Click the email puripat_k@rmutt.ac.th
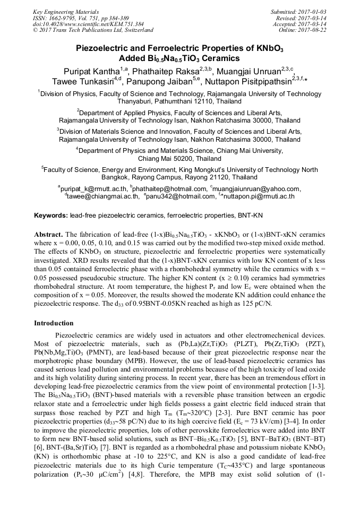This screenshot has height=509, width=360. coord(93,188)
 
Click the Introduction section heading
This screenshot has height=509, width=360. coord(54,323)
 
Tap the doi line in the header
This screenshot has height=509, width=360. coord(81,24)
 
